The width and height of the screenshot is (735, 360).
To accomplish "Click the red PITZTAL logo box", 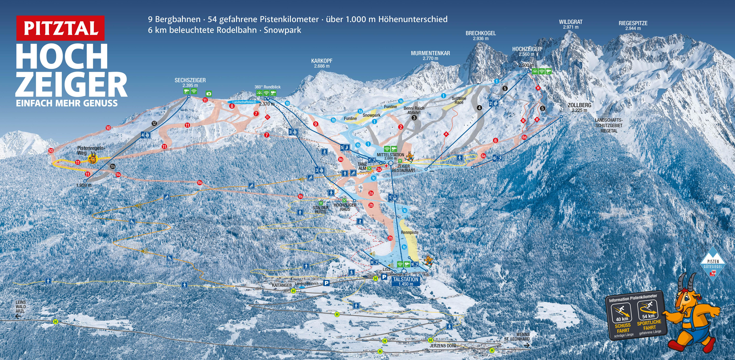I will [x=61, y=28].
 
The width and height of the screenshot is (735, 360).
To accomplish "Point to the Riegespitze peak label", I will [x=633, y=25].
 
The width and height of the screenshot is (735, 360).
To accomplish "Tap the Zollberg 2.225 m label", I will [x=579, y=107].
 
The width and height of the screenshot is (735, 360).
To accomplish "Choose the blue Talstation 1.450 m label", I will [x=405, y=281].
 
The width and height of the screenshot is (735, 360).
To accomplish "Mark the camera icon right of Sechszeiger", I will [x=209, y=94].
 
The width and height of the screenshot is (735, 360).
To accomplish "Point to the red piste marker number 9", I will [x=315, y=124].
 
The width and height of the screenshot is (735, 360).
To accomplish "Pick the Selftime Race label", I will [x=459, y=100].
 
